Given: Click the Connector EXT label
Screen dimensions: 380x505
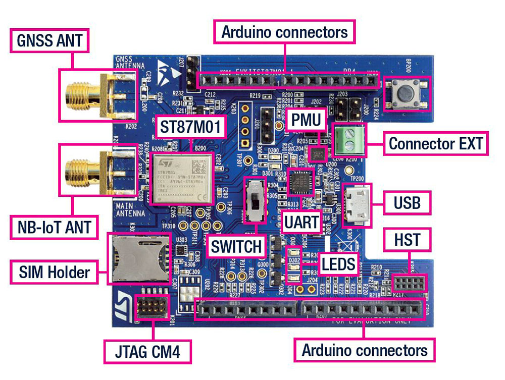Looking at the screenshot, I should [435, 144].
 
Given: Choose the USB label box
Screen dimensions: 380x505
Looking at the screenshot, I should [407, 203].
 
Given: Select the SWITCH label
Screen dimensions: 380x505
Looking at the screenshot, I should [237, 247].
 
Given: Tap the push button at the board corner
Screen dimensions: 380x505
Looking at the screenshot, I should [407, 94].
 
